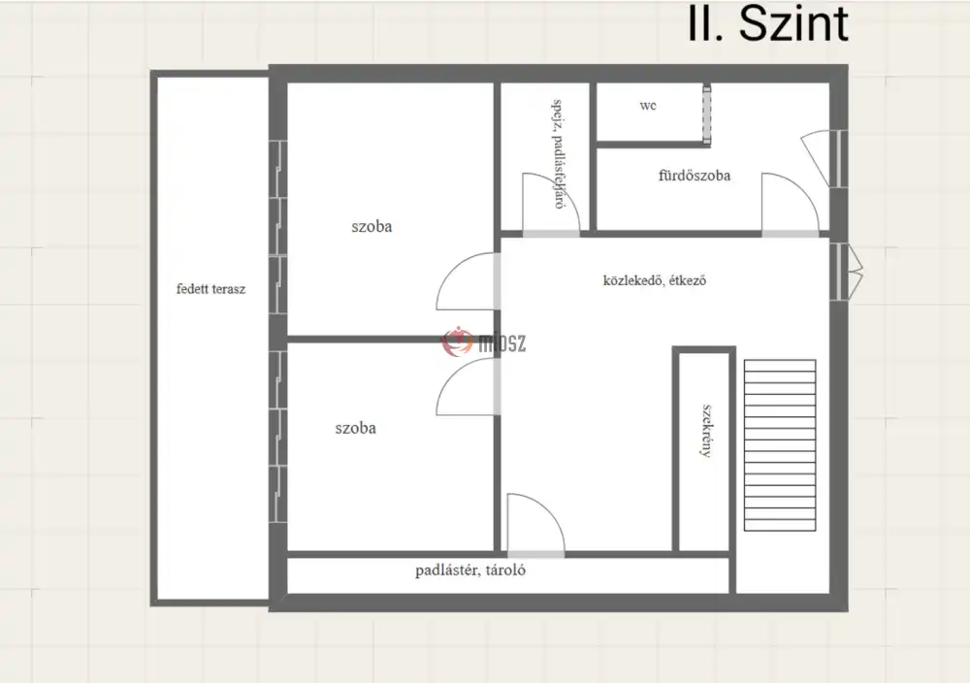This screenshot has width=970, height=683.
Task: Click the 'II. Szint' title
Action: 767,25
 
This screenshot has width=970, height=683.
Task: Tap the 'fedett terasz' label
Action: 210,289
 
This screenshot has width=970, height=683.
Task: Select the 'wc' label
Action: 648,106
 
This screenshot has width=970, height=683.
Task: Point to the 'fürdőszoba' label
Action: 695,176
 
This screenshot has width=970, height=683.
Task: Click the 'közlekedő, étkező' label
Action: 655,280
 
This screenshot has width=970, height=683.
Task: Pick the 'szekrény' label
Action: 706,431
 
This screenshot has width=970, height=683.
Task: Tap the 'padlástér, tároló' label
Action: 470,569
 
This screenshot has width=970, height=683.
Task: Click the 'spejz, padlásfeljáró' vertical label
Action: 558,154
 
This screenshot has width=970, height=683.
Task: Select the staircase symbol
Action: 780,445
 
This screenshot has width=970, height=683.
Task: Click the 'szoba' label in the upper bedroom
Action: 372,226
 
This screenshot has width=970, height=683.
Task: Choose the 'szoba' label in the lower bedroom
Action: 356,428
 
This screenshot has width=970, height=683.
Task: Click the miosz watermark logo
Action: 484,341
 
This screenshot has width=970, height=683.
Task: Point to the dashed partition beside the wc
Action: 706,115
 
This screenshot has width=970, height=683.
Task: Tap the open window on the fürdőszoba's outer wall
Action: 820,158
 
